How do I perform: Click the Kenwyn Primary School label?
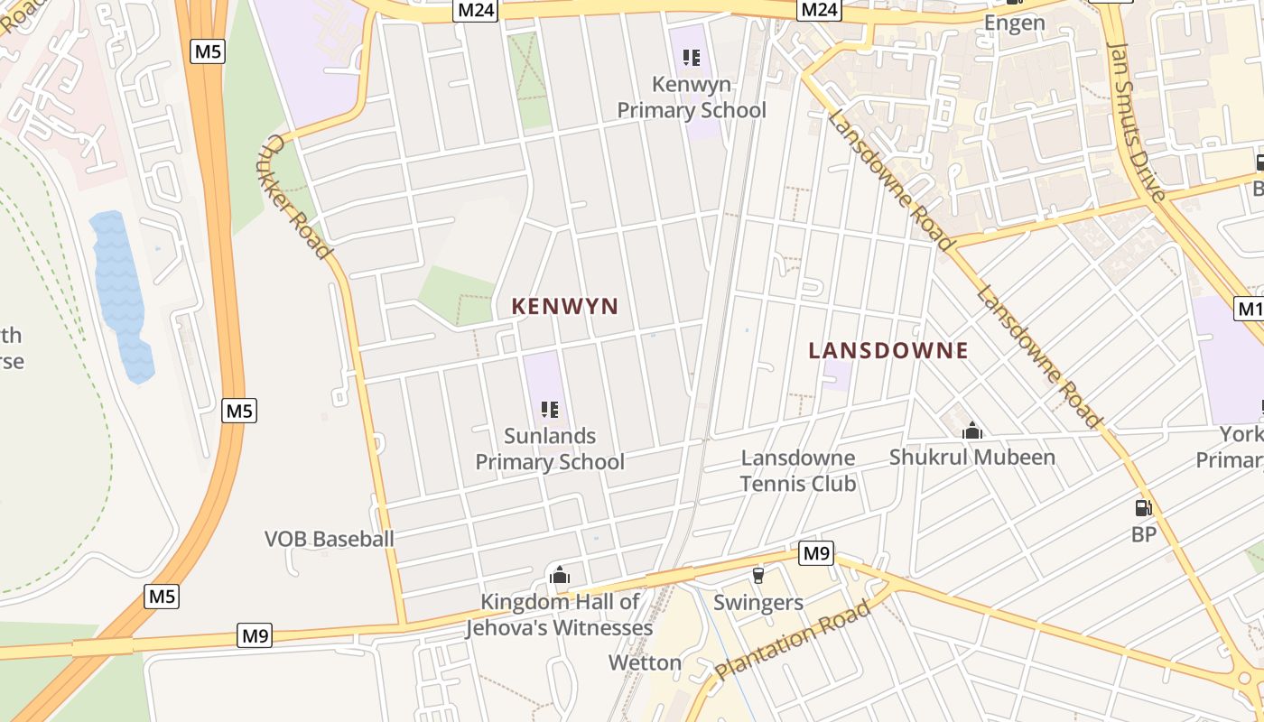click(691, 97)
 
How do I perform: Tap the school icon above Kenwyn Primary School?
click(692, 59)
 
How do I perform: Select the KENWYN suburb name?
click(565, 306)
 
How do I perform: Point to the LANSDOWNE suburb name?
click(888, 350)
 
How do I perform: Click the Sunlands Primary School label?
click(550, 449)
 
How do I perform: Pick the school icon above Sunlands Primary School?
click(550, 410)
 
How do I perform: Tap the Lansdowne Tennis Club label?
click(798, 470)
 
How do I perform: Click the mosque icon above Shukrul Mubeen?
click(972, 431)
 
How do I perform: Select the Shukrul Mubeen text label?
click(972, 457)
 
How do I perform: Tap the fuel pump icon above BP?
click(1143, 508)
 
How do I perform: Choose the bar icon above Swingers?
click(758, 576)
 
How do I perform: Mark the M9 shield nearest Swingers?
click(816, 552)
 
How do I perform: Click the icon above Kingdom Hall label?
click(560, 574)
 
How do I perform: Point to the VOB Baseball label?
click(330, 539)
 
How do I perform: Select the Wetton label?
click(645, 662)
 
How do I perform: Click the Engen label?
click(1014, 23)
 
